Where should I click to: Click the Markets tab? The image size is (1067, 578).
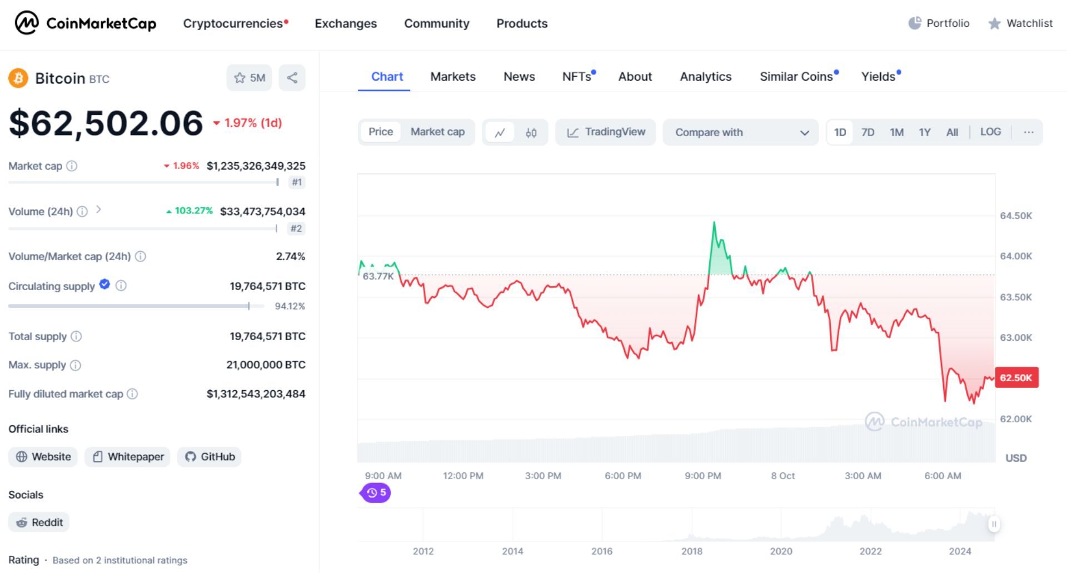pos(453,77)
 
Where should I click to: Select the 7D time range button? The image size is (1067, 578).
pos(867,132)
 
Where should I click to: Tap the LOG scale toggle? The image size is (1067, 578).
pos(990,132)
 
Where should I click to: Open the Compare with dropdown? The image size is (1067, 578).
pos(740,132)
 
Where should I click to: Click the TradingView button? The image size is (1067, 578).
pos(606,132)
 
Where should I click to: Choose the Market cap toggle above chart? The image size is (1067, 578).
pos(437,132)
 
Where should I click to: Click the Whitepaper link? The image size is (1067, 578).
pos(128,457)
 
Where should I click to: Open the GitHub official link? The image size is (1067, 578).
pos(210,457)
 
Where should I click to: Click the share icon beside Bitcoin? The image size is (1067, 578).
pos(292,78)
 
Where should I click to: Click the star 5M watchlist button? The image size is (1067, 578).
pos(249,78)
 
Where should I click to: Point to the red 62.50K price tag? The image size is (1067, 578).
pos(1016,378)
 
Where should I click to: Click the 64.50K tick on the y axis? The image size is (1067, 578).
pos(1016,216)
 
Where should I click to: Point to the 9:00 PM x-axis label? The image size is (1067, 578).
pos(702,476)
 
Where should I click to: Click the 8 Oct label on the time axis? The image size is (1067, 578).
pos(782,476)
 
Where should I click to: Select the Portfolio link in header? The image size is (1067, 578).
pos(939,23)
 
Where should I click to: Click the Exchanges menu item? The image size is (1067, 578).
pos(346,23)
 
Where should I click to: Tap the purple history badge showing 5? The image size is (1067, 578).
pos(376,493)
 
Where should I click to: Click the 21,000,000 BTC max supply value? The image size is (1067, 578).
pos(266,365)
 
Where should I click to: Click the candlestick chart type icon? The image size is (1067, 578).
pos(531,132)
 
